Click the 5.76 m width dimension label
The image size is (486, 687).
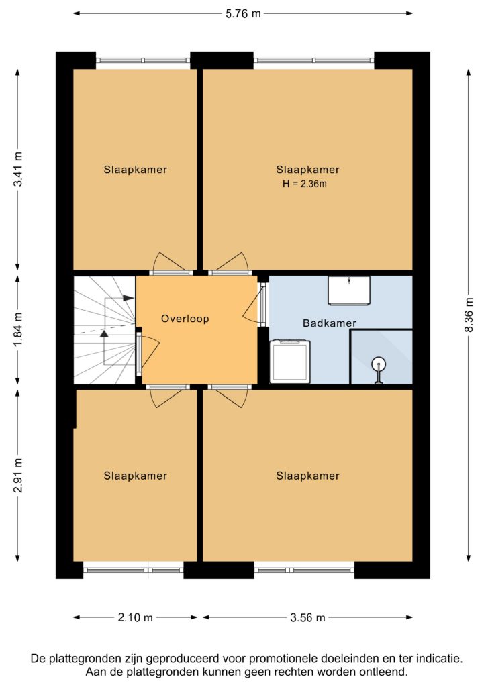pos(243,13)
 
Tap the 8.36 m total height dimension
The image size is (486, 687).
pos(469,315)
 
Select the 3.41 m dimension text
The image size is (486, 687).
pos(18,168)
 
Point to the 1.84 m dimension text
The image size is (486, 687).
pos(18,330)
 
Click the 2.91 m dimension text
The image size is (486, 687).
pos(18,476)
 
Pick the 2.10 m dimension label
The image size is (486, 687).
pos(135,617)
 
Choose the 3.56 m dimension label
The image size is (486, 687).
pos(307,617)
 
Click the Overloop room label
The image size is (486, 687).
pos(185,319)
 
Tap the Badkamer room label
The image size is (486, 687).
pos(330,323)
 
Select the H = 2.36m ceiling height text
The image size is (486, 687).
pos(305,184)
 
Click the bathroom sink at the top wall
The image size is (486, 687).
pos(349,290)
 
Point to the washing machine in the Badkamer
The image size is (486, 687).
pos(290,362)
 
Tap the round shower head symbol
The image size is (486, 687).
pos(379,364)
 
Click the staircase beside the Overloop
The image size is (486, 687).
pos(104,330)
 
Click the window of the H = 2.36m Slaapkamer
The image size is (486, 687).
pos(313,60)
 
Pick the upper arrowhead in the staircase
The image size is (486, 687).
pos(128,298)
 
